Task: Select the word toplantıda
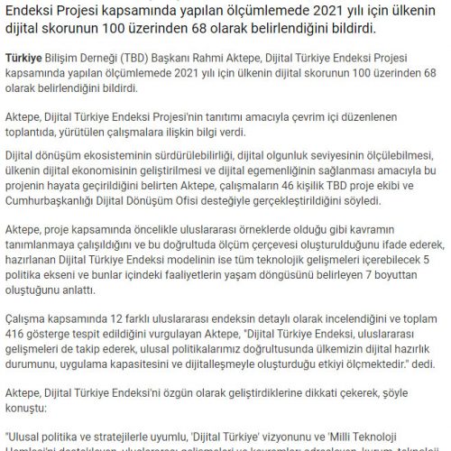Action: coord(37,137)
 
